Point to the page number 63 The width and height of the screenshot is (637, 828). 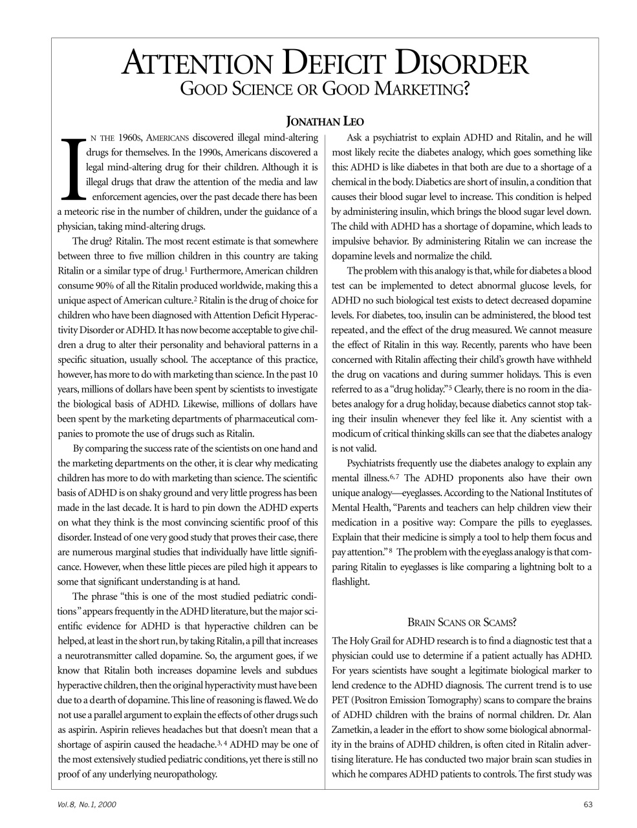pos(587,805)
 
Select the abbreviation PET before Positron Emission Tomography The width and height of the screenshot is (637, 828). pos(341,701)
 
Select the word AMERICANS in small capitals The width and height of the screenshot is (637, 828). pos(168,138)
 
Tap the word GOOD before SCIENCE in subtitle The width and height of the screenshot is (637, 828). pos(202,89)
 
